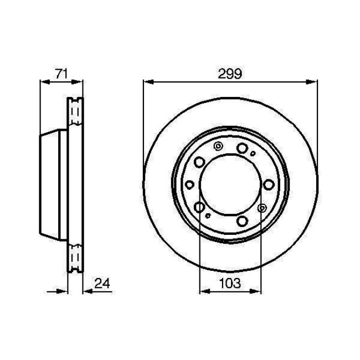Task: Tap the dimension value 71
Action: (61, 72)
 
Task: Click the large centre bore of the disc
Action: (229, 185)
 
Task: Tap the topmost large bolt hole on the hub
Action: (242, 148)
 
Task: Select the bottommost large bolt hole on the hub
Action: (242, 222)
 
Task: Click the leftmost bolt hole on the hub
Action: (190, 184)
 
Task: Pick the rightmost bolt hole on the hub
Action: (269, 184)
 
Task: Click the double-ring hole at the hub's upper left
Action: (217, 147)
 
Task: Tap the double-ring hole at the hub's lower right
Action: (263, 208)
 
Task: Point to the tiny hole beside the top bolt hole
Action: (253, 153)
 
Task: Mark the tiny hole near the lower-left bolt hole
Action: (207, 215)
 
